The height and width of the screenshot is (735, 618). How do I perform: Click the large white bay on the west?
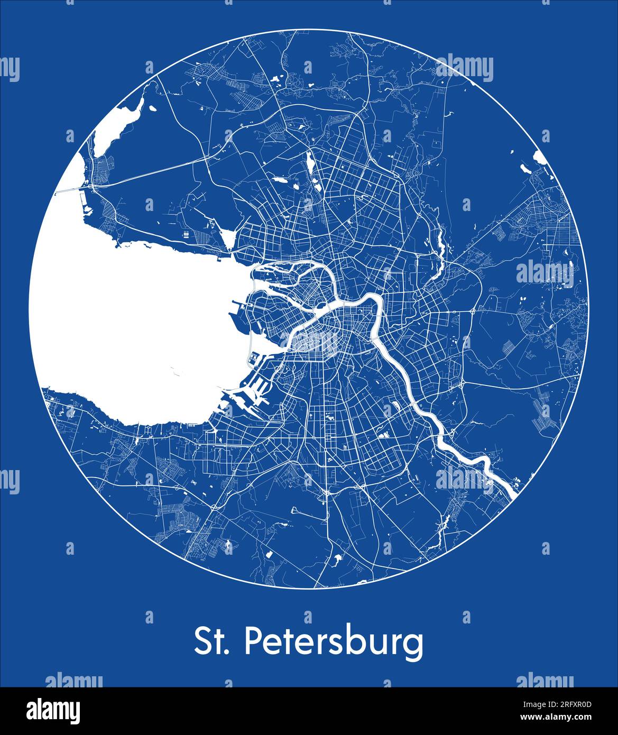[132, 328]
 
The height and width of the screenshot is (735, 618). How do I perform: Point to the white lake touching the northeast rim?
[540, 157]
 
